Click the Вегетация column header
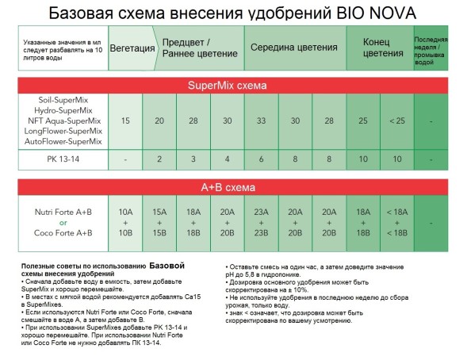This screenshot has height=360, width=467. (132, 48)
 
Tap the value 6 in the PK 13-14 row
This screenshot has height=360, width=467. (261, 159)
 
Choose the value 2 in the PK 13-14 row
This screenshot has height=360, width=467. (159, 159)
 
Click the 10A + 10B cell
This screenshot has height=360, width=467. (126, 221)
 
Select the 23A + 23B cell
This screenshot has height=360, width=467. (261, 221)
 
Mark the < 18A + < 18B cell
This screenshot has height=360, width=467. (396, 221)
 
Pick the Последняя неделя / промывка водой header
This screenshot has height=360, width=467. (431, 48)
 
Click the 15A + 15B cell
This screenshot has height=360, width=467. (159, 221)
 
